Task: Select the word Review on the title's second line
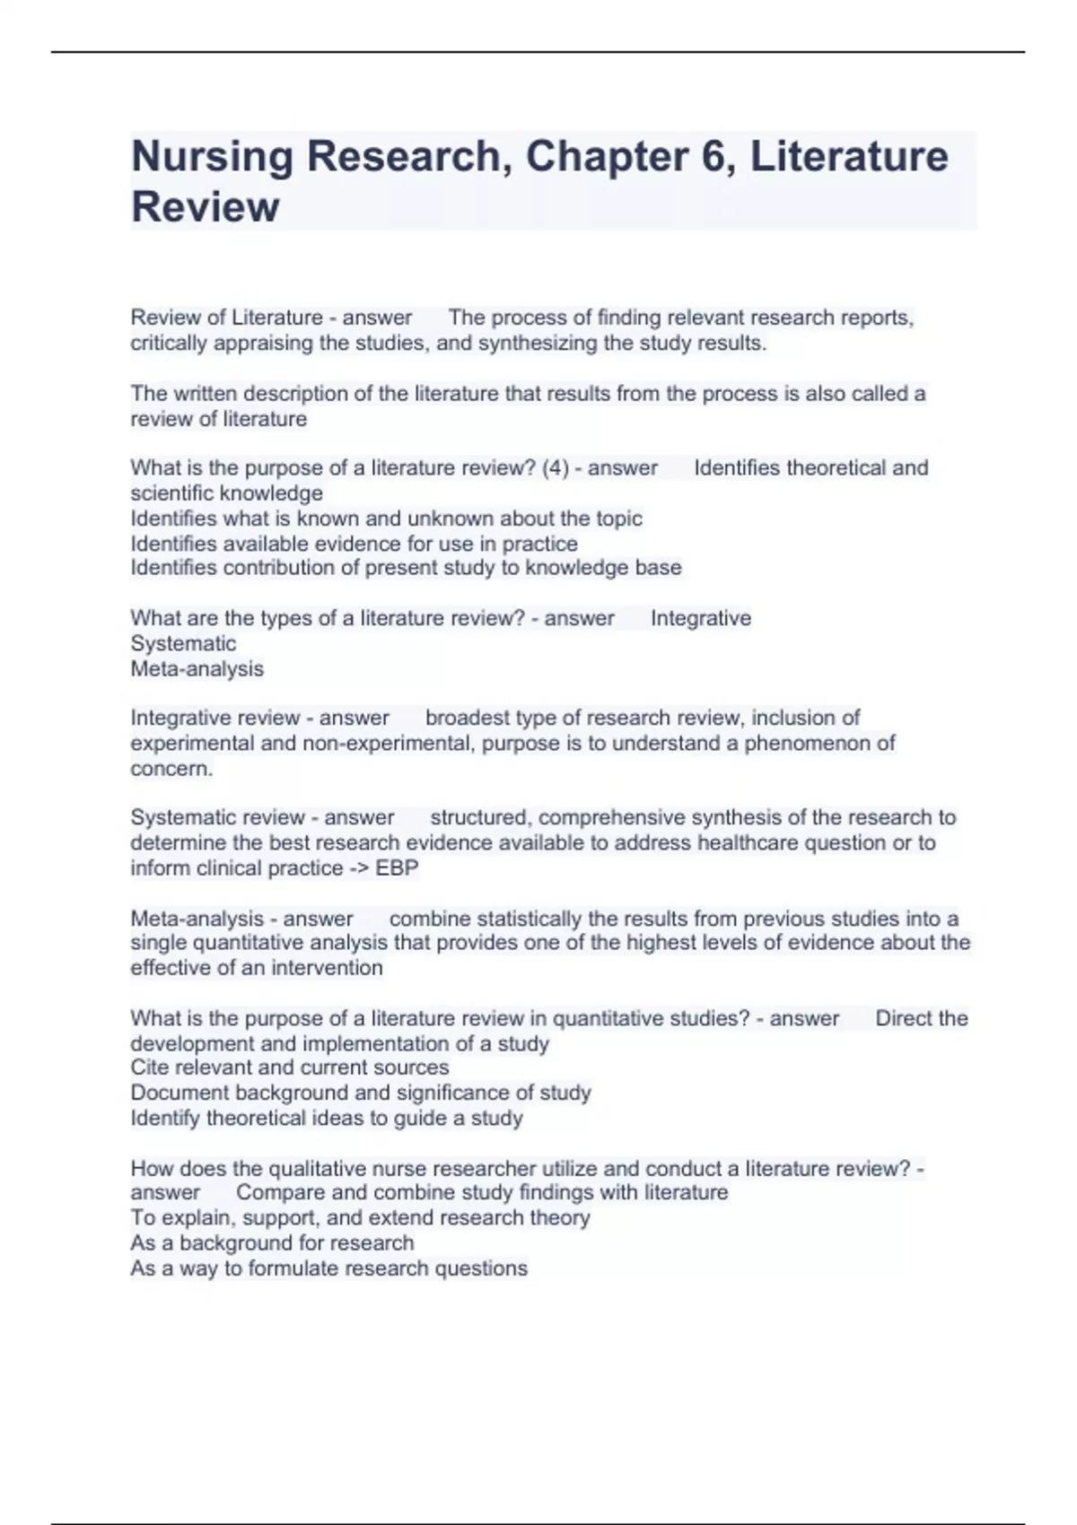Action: click(x=205, y=207)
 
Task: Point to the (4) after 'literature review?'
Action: click(x=556, y=468)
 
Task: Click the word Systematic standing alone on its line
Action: click(x=183, y=644)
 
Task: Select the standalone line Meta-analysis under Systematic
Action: click(x=197, y=669)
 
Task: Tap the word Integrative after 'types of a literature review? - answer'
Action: click(x=700, y=619)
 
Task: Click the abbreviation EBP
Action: click(x=398, y=868)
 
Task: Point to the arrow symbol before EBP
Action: click(x=360, y=868)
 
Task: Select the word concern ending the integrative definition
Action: click(x=171, y=769)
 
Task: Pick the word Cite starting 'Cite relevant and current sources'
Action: click(x=149, y=1067)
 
